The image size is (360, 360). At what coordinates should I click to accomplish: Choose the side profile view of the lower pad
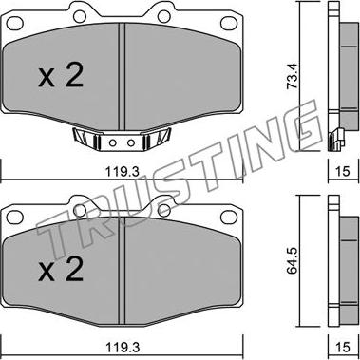click(x=333, y=266)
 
